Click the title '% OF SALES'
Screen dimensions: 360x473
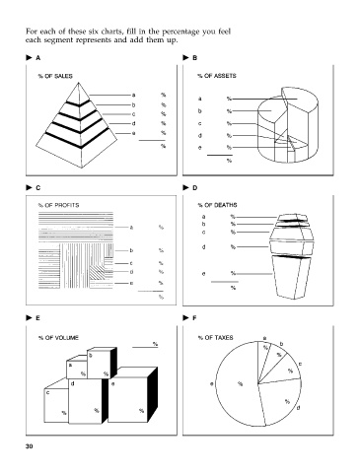point(55,76)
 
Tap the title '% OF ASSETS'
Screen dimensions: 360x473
point(217,76)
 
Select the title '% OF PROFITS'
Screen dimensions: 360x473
point(58,205)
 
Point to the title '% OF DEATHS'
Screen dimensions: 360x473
point(217,205)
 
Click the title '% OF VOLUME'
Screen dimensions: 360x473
point(58,338)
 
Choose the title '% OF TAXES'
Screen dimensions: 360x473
point(216,338)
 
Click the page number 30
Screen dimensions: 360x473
point(30,446)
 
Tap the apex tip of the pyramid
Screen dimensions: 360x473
point(78,82)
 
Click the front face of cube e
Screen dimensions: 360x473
point(127,400)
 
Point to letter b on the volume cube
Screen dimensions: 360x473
point(91,355)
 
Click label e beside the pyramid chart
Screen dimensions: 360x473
point(133,133)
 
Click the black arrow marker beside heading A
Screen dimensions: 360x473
point(29,58)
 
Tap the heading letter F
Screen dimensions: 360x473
point(194,318)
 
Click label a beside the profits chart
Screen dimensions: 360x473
point(131,227)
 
